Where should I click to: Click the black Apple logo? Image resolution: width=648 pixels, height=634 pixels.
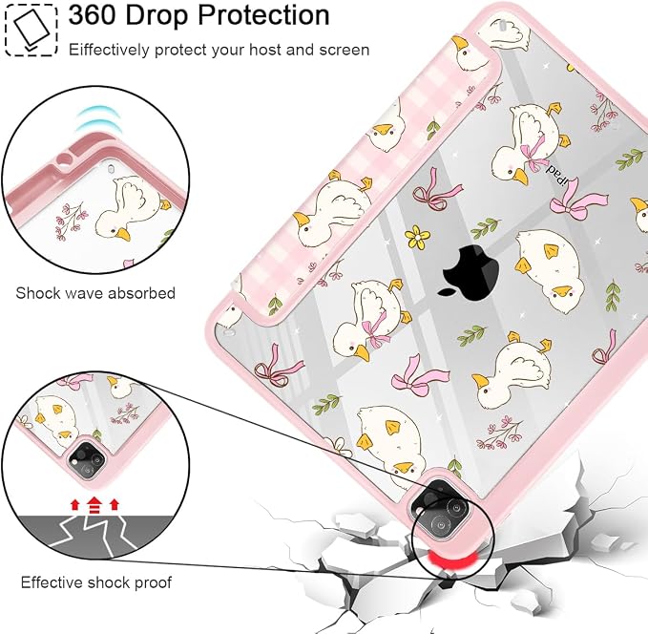468,272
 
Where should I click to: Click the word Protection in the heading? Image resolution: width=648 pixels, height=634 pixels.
263,15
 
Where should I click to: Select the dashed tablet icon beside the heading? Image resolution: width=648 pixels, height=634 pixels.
31,30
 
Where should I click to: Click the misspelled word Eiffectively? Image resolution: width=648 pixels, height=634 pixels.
109,50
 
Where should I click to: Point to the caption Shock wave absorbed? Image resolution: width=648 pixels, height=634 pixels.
95,293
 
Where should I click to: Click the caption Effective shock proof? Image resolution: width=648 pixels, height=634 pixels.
95,582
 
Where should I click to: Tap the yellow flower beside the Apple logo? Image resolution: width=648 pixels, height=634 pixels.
417,237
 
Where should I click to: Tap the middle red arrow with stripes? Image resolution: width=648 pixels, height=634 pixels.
94,505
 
